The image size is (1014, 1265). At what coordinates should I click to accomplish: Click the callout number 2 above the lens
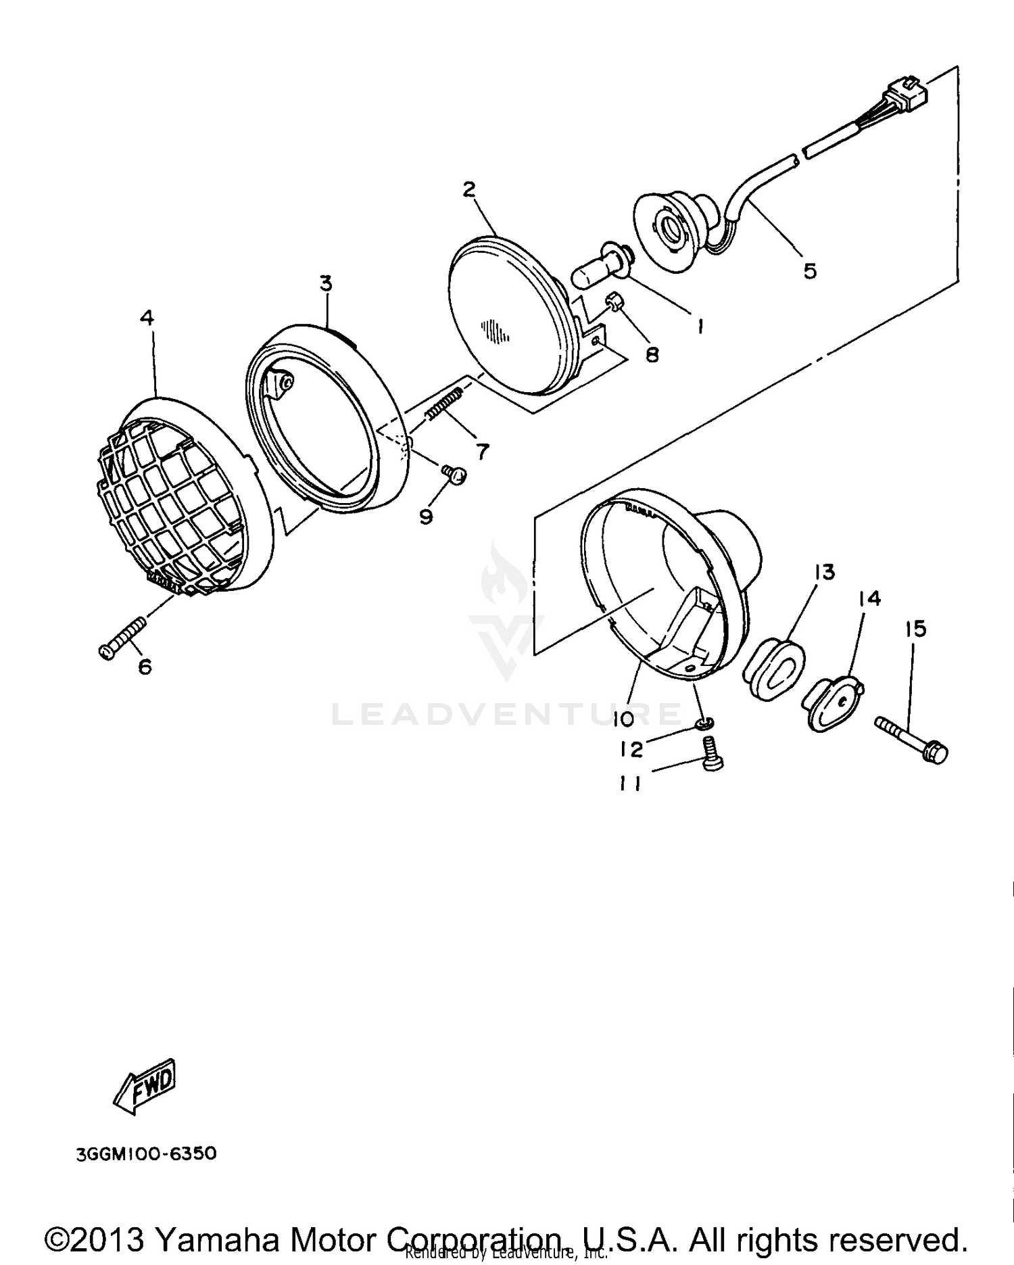[x=469, y=189]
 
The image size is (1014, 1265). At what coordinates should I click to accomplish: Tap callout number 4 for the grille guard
[x=147, y=317]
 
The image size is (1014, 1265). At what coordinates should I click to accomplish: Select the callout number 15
[x=915, y=629]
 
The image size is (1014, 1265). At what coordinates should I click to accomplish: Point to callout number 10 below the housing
[x=623, y=719]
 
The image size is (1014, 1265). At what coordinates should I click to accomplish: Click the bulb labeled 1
[x=600, y=268]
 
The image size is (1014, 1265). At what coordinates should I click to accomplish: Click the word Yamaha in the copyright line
[x=217, y=1239]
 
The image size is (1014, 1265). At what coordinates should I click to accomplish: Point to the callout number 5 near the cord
[x=809, y=271]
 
